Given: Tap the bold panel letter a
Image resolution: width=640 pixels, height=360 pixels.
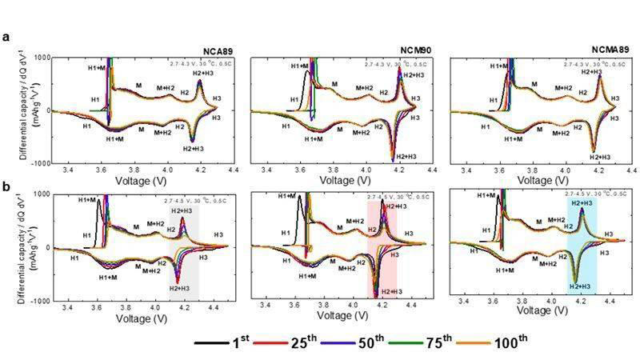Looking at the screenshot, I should [6, 36].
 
